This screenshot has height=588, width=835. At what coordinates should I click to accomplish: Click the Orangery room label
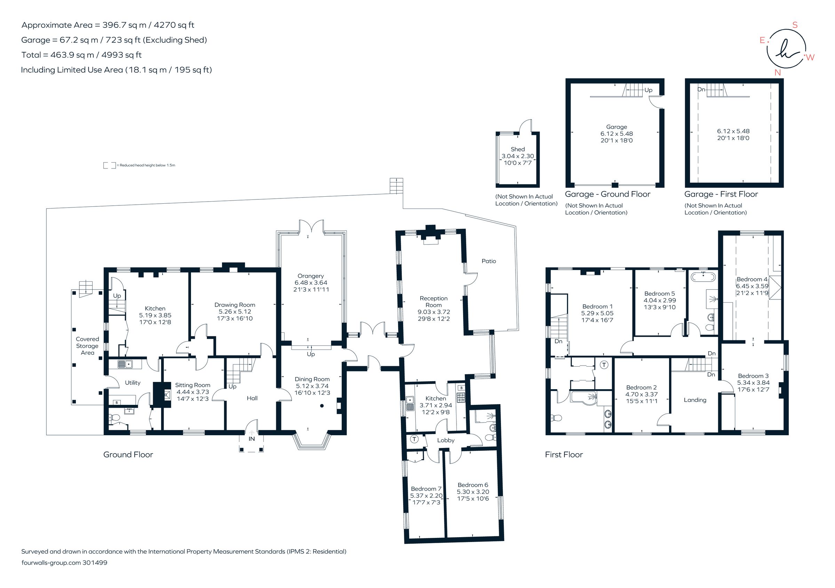point(310,276)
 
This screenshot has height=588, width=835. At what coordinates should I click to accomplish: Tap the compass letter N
point(778,72)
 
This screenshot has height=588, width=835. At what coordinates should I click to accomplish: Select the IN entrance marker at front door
point(252,439)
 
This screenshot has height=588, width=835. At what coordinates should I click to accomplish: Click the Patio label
point(488,261)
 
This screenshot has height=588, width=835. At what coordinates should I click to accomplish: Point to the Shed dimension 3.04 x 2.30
point(517,156)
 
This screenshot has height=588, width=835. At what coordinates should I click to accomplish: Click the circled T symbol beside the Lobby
point(414,439)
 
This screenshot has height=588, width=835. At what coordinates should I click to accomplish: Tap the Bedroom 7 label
point(426,489)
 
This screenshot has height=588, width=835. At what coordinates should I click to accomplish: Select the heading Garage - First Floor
point(721,194)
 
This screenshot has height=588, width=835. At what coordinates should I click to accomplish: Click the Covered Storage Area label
point(87,346)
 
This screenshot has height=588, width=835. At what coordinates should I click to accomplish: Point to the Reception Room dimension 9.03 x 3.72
point(434,312)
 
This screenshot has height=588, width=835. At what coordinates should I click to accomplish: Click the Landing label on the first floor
point(695,400)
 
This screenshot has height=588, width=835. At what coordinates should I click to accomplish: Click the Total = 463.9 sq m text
point(81,55)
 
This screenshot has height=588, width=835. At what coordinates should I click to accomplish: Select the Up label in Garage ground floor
point(648,90)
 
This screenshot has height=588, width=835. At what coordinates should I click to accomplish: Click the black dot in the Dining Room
point(322,406)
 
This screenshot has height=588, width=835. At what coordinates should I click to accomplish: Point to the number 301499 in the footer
point(95,563)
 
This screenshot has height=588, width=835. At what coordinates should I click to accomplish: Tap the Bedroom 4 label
point(752,279)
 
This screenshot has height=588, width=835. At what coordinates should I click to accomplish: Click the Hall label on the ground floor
point(252,398)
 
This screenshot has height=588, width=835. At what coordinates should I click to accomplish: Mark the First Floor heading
point(564,454)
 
